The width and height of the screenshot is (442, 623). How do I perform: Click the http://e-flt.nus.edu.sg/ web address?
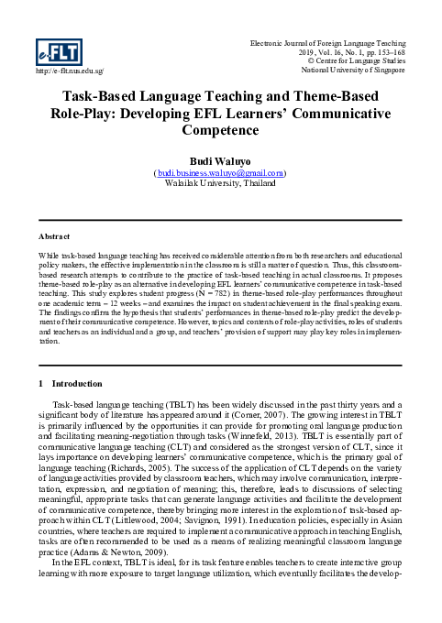pyautogui.click(x=69, y=70)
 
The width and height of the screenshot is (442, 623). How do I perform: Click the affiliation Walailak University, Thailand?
pyautogui.click(x=220, y=182)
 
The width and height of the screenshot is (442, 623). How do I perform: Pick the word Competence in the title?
pyautogui.click(x=220, y=132)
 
